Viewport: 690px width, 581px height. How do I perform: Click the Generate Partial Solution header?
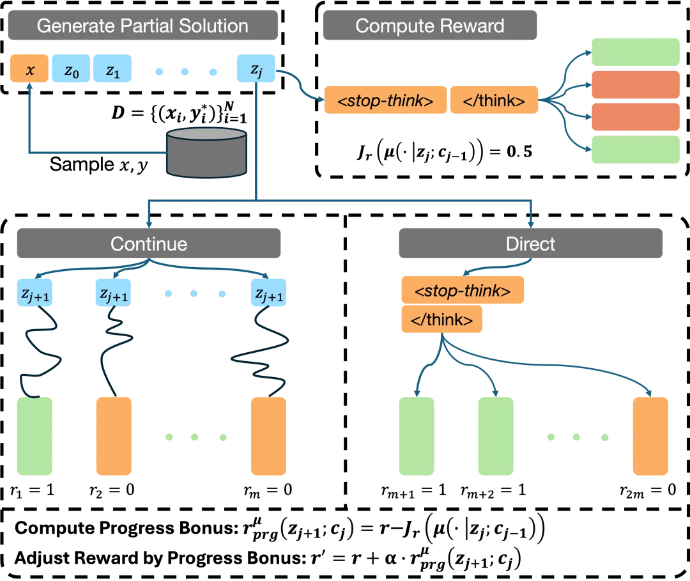pyautogui.click(x=142, y=26)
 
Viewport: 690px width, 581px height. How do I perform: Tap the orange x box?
pyautogui.click(x=29, y=70)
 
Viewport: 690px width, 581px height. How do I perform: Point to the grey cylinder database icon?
pyautogui.click(x=206, y=152)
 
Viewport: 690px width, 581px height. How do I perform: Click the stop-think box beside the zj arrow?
pyautogui.click(x=385, y=100)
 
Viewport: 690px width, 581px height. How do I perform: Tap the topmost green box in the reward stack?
pyautogui.click(x=635, y=51)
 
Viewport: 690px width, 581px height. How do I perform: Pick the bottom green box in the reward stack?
pyautogui.click(x=635, y=148)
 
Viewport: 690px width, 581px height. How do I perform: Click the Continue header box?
pyautogui.click(x=148, y=244)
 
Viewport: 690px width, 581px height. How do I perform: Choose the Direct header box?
pyautogui.click(x=531, y=244)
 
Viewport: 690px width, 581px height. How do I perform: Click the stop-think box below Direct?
pyautogui.click(x=463, y=291)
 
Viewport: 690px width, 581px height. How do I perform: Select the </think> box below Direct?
pyautogui.click(x=442, y=320)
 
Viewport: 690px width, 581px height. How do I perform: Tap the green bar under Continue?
pyautogui.click(x=35, y=436)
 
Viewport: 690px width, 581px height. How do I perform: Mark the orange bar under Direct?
pyautogui.click(x=650, y=436)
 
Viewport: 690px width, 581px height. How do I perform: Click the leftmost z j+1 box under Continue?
pyautogui.click(x=35, y=293)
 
